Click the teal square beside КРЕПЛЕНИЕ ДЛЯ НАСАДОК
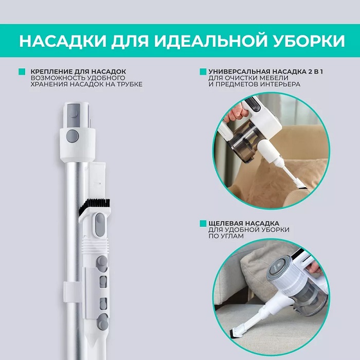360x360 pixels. click(x=22, y=71)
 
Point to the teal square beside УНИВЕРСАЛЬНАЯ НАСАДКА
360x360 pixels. click(x=203, y=71)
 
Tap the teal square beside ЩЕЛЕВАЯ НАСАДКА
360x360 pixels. click(x=203, y=223)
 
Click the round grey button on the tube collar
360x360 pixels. click(x=73, y=136)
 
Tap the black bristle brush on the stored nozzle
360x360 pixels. click(x=95, y=206)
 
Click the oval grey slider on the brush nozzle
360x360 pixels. click(x=100, y=225)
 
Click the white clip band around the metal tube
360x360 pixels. click(x=73, y=292)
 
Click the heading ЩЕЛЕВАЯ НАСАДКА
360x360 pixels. click(x=244, y=223)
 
